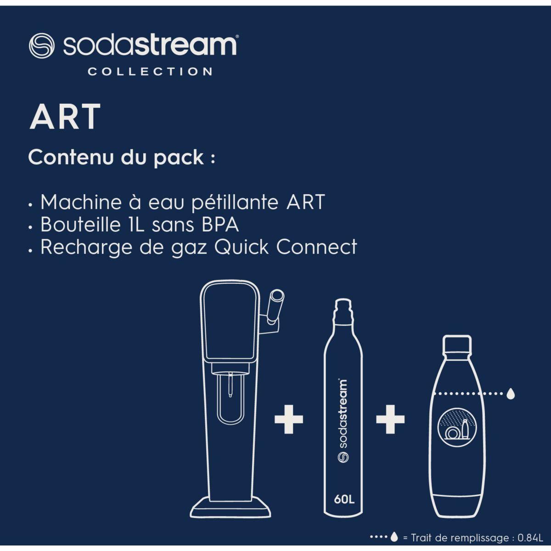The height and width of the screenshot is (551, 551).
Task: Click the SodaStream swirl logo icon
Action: (42, 45)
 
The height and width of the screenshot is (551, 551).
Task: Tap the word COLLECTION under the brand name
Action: (150, 72)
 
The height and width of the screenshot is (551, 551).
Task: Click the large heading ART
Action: (65, 117)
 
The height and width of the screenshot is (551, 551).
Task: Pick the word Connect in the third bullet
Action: (316, 247)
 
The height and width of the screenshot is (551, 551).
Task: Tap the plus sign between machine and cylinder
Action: (289, 419)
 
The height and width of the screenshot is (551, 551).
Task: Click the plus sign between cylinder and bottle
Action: (390, 419)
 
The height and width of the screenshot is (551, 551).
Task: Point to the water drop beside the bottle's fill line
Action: (510, 393)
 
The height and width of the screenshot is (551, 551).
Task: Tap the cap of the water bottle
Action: (456, 343)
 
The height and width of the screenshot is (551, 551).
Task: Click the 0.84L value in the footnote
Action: (530, 538)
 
